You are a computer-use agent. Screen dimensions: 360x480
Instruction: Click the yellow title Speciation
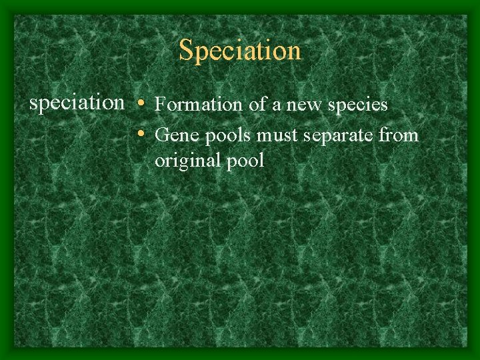(x=240, y=51)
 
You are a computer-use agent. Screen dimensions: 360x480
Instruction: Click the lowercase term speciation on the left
(x=77, y=103)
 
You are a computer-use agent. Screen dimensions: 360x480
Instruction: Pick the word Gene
(x=171, y=136)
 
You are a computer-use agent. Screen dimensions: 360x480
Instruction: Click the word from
(x=399, y=136)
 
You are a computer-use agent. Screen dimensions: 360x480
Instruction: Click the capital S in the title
(x=186, y=50)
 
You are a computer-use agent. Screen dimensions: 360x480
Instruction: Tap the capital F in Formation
(x=160, y=105)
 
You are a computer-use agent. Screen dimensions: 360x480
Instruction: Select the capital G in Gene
(x=161, y=136)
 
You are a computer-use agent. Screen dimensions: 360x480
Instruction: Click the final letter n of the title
(x=294, y=51)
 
